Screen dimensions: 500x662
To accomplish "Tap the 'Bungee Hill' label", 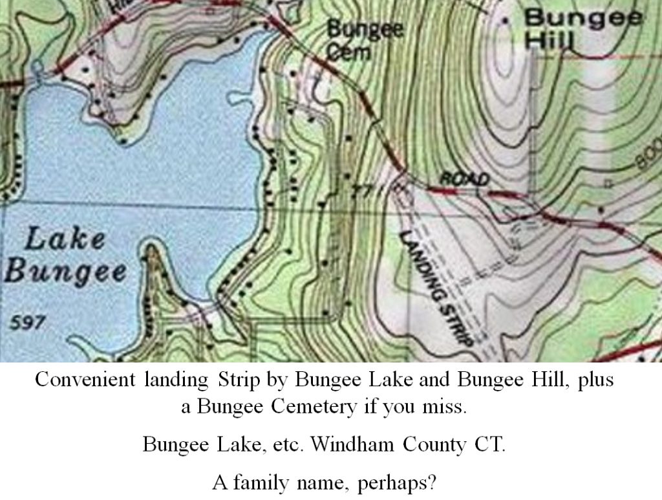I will tap(582, 29).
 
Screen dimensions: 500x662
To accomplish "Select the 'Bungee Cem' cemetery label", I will tap(364, 39).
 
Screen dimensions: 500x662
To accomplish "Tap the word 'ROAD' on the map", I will tap(464, 179).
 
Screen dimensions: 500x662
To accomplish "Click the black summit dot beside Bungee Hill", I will tap(505, 21).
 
